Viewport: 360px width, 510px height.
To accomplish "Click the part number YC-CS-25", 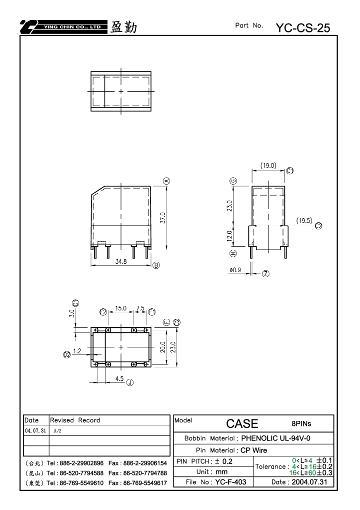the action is tap(303, 28).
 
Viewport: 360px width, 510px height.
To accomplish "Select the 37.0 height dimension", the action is tap(163, 218).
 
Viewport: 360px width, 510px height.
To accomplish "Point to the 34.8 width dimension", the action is tap(121, 261).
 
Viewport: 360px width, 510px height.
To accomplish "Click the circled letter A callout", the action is tap(166, 181).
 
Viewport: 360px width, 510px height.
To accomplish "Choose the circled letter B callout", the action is tap(156, 265).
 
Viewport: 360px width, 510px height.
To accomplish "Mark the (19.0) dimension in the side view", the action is tap(268, 166).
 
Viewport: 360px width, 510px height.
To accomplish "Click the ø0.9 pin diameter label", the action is tap(235, 270).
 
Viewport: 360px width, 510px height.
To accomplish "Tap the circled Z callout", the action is tap(266, 274).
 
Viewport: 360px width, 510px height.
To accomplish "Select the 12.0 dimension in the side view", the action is tap(229, 236).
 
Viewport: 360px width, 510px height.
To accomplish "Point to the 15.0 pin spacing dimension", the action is tap(120, 308).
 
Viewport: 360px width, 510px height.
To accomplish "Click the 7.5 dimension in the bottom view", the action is tap(140, 308).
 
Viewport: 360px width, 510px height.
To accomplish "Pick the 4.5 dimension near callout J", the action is tap(119, 378).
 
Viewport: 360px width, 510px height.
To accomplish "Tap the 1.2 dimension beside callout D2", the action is tap(77, 351).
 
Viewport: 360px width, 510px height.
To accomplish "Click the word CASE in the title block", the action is tap(242, 424).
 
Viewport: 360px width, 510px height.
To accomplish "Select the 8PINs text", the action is tap(301, 424).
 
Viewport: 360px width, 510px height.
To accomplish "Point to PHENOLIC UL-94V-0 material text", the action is tap(275, 438).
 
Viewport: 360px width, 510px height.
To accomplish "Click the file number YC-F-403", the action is tap(230, 482).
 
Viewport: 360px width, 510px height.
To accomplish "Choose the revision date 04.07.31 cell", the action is tap(35, 430).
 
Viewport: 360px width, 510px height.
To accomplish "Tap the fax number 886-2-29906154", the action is tap(145, 463).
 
